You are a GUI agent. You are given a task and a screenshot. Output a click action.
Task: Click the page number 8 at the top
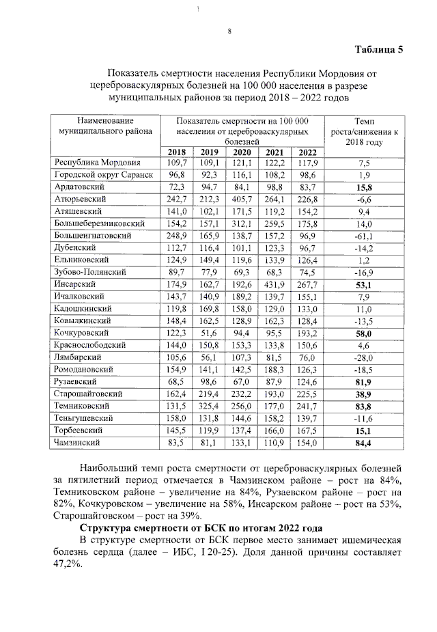229,31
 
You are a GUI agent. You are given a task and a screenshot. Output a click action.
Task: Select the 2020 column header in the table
242,152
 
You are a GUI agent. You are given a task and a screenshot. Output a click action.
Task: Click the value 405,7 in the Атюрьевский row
242,199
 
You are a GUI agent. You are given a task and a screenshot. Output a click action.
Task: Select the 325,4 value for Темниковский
210,405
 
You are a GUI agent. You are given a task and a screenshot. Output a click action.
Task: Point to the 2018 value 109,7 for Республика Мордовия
177,163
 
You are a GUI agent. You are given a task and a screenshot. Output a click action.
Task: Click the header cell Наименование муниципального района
105,127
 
